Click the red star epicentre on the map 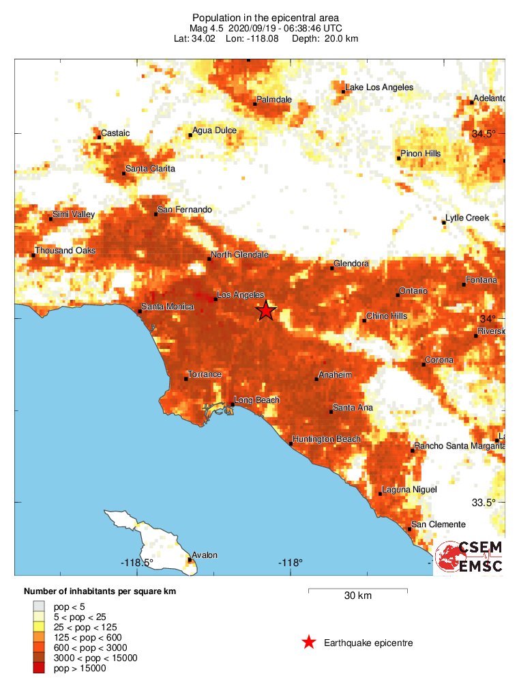[x=266, y=311]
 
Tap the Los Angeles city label [x=240, y=295]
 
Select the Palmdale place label [x=274, y=100]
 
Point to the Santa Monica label [x=167, y=307]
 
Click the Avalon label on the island [x=205, y=555]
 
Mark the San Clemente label [x=439, y=524]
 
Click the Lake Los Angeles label [x=379, y=87]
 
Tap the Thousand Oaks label [x=65, y=251]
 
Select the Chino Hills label [x=387, y=316]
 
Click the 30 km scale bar [x=357, y=589]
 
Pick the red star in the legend [x=309, y=643]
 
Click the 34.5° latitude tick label [x=484, y=133]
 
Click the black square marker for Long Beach [x=233, y=404]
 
